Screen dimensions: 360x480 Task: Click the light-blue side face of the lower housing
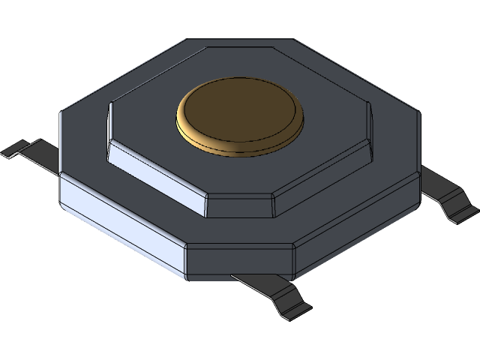[120, 221]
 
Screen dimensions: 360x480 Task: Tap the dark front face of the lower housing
[240, 259]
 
